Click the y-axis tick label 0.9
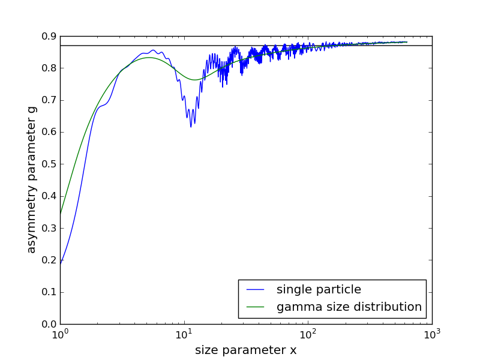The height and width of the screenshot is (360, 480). tap(49, 36)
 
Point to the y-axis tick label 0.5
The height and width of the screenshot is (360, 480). tap(49, 164)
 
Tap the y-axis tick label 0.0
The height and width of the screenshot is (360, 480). tap(49, 324)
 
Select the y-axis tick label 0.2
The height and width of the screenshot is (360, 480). tap(49, 260)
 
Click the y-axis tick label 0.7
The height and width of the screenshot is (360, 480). tap(49, 100)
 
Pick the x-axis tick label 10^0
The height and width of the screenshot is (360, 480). tap(60, 335)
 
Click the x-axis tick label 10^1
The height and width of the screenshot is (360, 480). tap(184, 335)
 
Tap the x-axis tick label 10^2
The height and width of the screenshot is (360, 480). tap(308, 335)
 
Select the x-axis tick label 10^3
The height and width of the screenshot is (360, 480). tap(432, 335)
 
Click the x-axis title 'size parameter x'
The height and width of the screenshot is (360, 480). tap(245, 350)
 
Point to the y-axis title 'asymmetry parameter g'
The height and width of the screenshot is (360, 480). tap(32, 180)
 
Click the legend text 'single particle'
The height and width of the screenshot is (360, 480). tap(319, 290)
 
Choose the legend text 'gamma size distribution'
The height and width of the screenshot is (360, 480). tap(349, 307)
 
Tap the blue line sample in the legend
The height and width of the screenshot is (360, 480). tap(256, 290)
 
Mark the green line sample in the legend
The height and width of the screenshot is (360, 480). tap(256, 307)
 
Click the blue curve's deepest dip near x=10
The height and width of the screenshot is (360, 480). tap(191, 127)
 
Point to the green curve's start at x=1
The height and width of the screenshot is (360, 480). tap(61, 213)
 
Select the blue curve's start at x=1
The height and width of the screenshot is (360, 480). tap(61, 264)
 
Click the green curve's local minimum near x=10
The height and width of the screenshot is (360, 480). tap(194, 80)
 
